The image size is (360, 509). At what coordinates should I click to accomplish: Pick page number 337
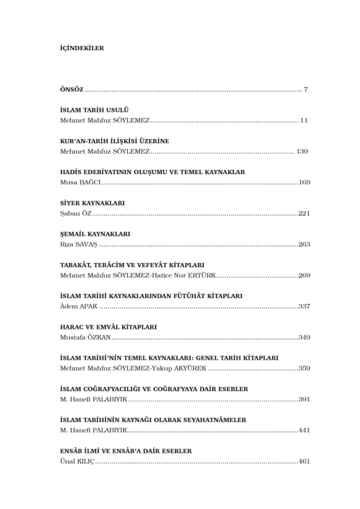pos(304,306)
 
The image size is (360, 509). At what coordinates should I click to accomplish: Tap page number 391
pos(304,398)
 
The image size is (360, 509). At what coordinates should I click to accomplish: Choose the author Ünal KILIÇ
pos(78,461)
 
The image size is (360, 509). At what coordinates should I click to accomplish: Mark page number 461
pos(304,461)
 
